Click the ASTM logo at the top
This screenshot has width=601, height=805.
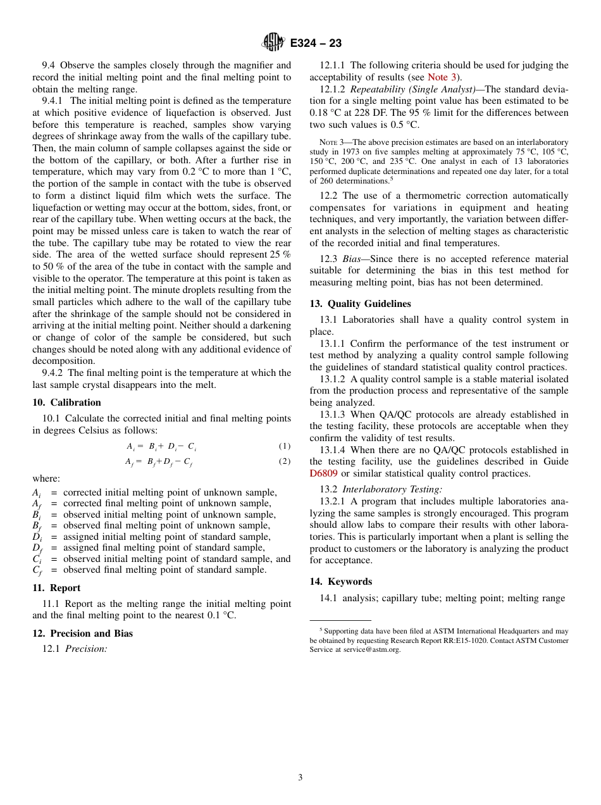pos(274,42)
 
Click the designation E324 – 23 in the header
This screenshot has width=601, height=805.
pos(316,43)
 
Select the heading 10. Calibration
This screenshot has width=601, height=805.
pos(66,403)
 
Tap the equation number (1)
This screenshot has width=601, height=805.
pos(285,446)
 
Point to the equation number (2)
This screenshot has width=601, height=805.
pos(285,461)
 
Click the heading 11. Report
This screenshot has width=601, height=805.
pos(56,588)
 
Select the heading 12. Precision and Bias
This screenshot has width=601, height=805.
pos(82,633)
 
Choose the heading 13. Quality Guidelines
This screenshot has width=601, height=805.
pos(360,304)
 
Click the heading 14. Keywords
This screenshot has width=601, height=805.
pos(340,582)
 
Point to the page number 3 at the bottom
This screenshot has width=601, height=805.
pos(300,778)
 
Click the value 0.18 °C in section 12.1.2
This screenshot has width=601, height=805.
pos(325,113)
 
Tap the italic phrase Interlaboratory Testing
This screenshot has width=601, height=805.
pos(392,489)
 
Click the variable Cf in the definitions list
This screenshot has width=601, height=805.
pos(37,570)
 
